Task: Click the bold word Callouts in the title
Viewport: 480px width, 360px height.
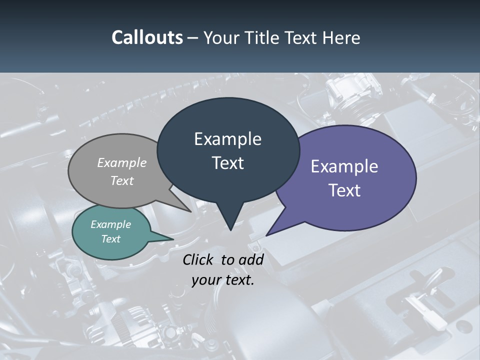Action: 147,37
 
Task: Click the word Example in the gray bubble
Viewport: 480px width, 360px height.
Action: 122,162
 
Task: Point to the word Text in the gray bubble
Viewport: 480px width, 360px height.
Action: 122,180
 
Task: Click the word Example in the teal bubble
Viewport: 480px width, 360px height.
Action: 110,224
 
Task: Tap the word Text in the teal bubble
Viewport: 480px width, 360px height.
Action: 110,239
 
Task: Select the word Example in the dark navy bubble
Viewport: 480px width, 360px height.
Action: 227,139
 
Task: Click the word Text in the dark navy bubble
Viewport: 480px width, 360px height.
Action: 227,163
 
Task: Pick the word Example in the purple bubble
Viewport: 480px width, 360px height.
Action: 344,166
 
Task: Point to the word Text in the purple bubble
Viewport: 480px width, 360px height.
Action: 344,190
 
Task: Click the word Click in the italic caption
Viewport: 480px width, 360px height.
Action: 199,259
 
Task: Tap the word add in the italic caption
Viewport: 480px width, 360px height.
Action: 251,259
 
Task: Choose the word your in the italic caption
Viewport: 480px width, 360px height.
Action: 206,280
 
